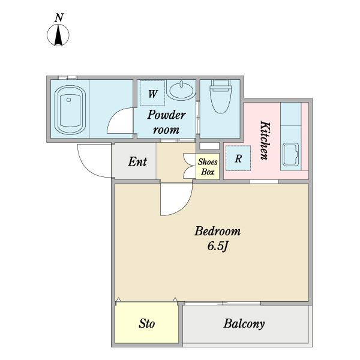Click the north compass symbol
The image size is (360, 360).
click(x=59, y=36)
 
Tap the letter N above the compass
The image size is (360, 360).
click(x=59, y=18)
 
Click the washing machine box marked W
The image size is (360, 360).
click(x=153, y=94)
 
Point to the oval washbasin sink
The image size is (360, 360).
click(x=181, y=91)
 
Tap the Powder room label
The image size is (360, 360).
click(x=166, y=122)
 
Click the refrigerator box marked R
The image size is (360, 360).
click(x=238, y=159)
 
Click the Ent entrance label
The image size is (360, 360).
click(x=137, y=161)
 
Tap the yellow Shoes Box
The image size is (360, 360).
click(x=208, y=166)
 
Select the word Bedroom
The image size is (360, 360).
click(x=218, y=231)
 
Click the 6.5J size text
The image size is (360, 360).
click(x=217, y=246)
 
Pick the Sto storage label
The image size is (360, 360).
click(x=147, y=325)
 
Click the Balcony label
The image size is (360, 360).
click(x=244, y=324)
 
